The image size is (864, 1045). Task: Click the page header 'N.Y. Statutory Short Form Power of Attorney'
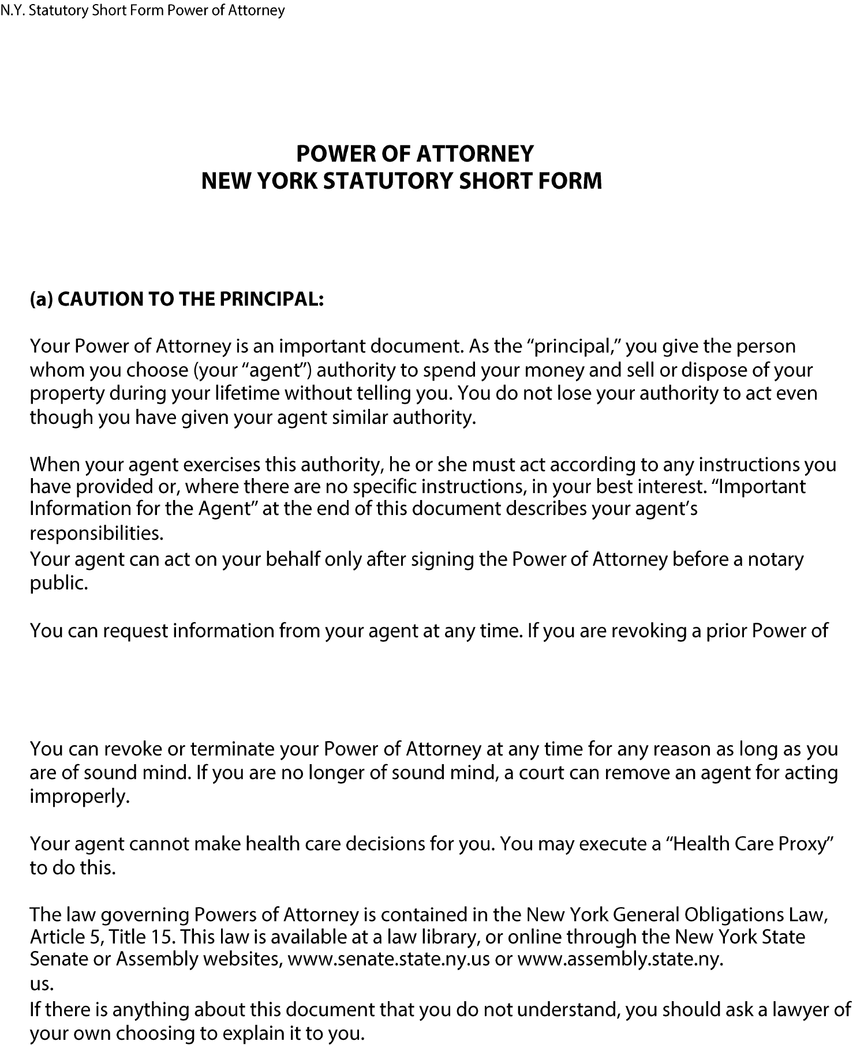coord(143,10)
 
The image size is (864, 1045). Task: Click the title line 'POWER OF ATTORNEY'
coord(415,154)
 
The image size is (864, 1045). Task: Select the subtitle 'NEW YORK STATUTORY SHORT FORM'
coord(402,181)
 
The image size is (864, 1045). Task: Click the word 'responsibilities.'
coord(97,533)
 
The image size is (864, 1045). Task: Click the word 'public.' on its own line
coord(59,583)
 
